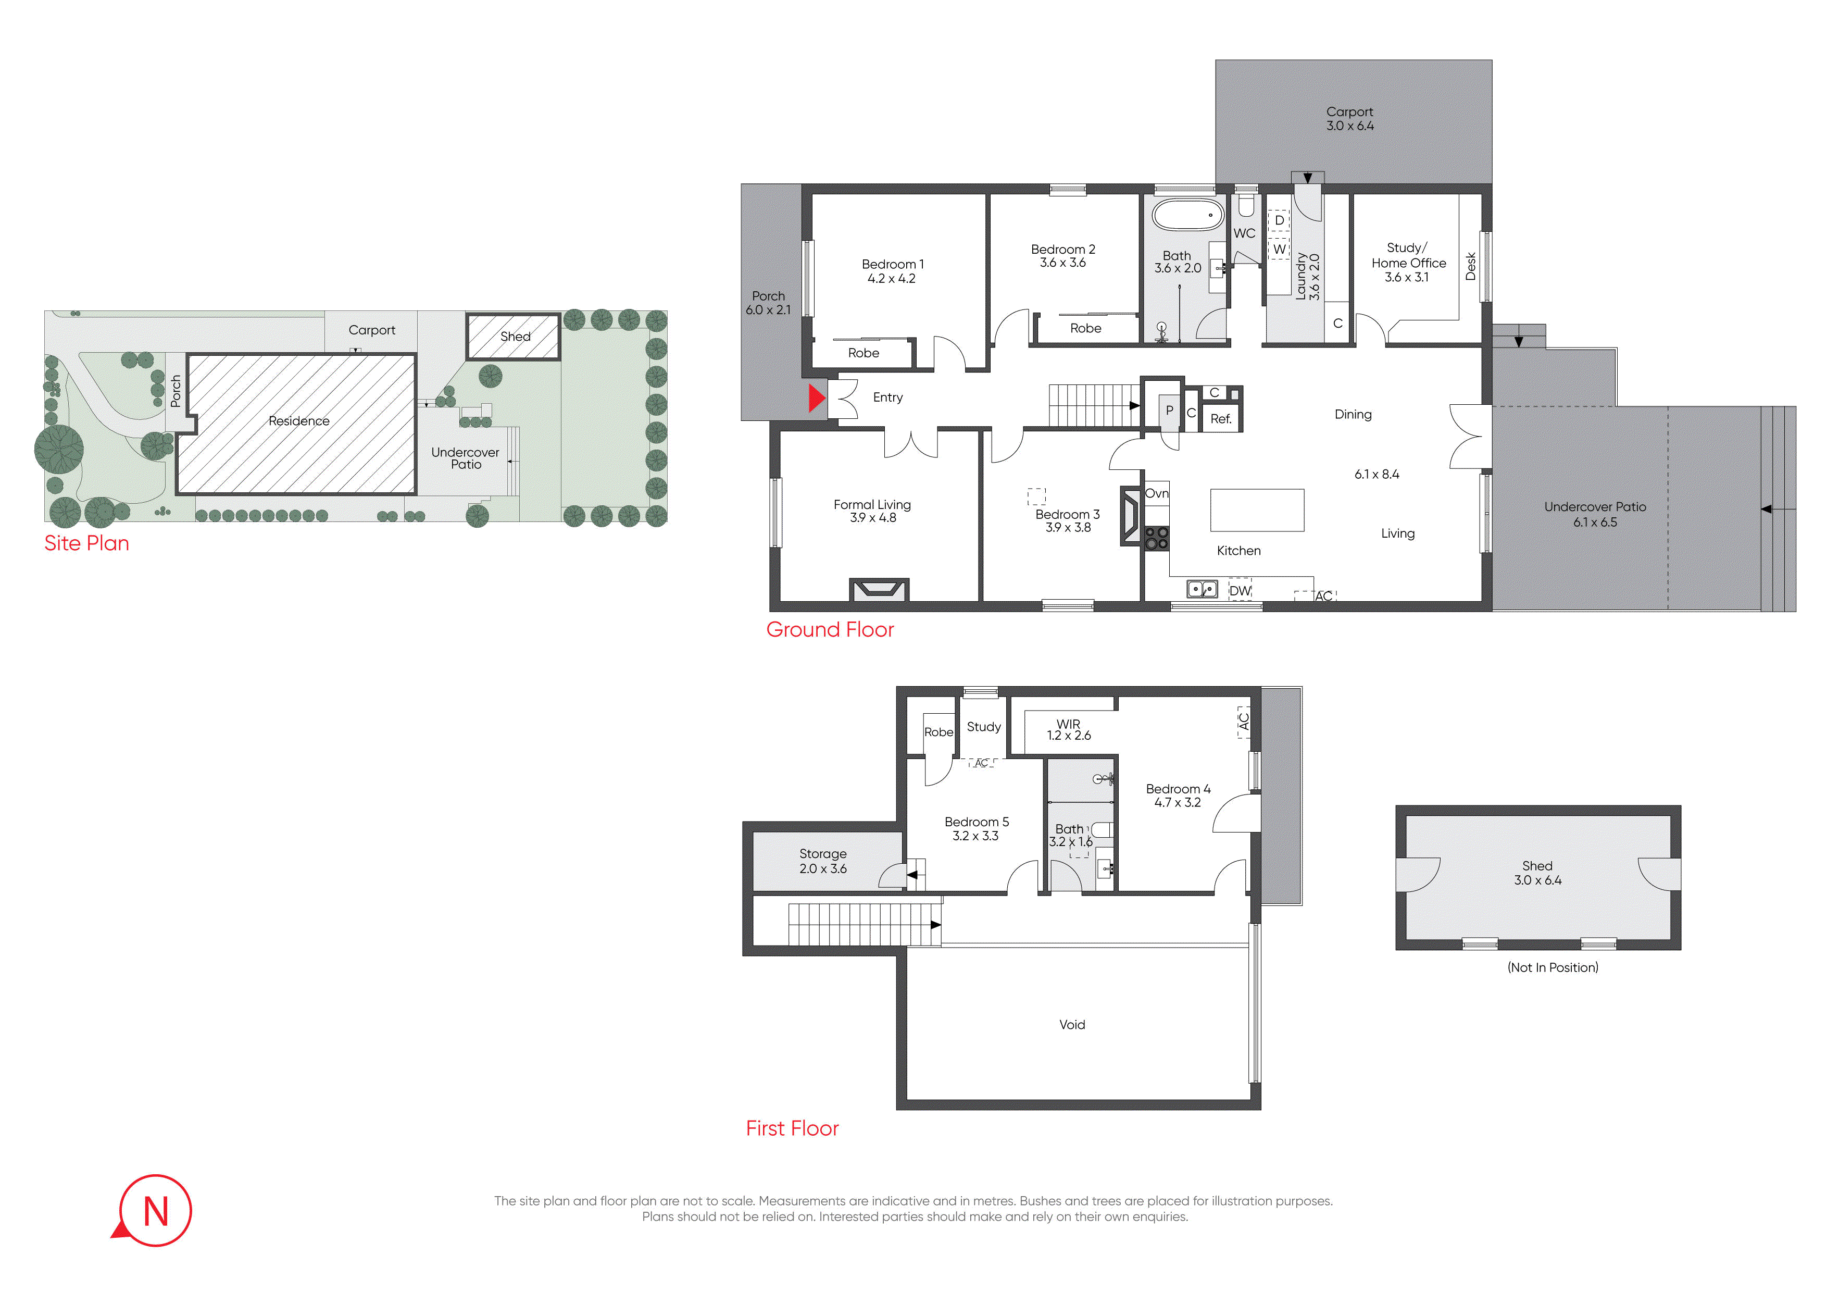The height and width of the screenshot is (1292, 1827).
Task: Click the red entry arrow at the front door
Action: point(817,398)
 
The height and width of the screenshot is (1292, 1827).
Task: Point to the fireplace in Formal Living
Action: point(879,589)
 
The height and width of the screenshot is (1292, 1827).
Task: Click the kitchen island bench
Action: point(1257,510)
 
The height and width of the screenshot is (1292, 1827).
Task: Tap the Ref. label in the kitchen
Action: point(1221,419)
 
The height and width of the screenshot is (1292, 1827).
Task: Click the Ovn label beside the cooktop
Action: point(1157,493)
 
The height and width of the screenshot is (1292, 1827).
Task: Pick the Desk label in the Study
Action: point(1471,267)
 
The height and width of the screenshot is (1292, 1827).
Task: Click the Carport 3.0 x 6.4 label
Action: point(1350,119)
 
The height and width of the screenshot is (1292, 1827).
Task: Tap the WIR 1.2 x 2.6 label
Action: point(1069,730)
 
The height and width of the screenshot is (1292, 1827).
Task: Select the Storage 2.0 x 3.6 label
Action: point(823,861)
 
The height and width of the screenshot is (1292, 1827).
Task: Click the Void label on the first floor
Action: point(1072,1025)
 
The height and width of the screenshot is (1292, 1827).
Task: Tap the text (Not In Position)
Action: point(1553,967)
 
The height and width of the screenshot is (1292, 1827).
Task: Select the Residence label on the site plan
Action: point(298,421)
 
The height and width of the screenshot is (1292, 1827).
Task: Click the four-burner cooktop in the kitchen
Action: point(1156,539)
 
